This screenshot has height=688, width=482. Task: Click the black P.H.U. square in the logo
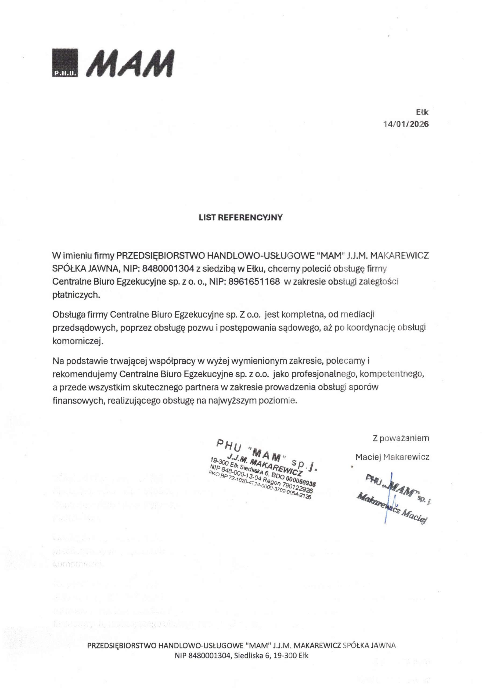tap(65, 63)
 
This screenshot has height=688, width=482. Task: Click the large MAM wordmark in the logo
tap(130, 63)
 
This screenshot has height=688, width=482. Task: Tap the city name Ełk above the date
tap(422, 112)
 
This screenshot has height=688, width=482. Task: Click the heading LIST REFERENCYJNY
tap(240, 217)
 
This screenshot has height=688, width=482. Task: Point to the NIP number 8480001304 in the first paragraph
tap(168, 268)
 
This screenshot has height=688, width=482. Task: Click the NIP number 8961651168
tap(254, 282)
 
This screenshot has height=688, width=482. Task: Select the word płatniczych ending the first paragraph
tap(76, 295)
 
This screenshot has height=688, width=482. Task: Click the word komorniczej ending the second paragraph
tap(78, 341)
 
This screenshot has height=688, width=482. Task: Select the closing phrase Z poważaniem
tap(401, 438)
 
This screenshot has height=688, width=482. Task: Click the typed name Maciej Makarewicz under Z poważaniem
tap(392, 457)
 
